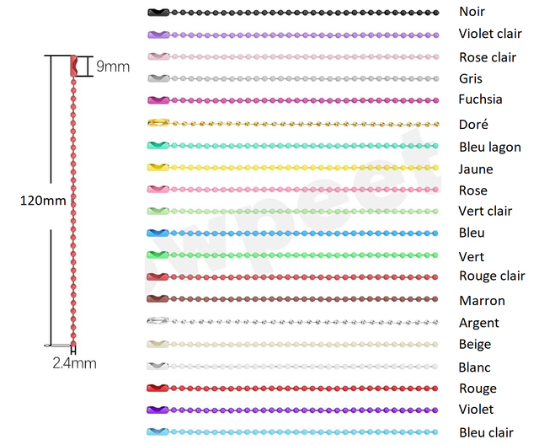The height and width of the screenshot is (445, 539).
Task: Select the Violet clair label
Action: [490, 35]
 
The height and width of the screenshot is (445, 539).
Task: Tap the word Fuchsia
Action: [480, 99]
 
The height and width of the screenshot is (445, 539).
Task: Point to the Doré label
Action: [472, 124]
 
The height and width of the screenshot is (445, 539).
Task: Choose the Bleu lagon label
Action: [489, 147]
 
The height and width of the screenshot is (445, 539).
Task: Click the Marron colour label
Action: [482, 300]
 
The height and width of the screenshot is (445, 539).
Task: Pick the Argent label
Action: [478, 323]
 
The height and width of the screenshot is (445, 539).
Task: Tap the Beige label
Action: [475, 345]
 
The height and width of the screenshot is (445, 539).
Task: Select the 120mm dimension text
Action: [43, 201]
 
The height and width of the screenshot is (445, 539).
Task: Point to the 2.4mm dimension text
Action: [74, 363]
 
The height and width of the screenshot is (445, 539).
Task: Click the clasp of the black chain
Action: [157, 13]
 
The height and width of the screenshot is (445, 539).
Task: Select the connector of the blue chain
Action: [157, 233]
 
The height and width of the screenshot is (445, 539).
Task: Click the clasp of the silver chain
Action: [157, 322]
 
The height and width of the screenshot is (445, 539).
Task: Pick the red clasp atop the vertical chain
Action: [73, 65]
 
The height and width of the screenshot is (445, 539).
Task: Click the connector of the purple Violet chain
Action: [157, 410]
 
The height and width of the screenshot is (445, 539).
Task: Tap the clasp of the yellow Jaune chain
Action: [157, 168]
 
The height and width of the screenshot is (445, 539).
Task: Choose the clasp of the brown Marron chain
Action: [157, 299]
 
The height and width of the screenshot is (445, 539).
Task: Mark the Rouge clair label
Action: [492, 276]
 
